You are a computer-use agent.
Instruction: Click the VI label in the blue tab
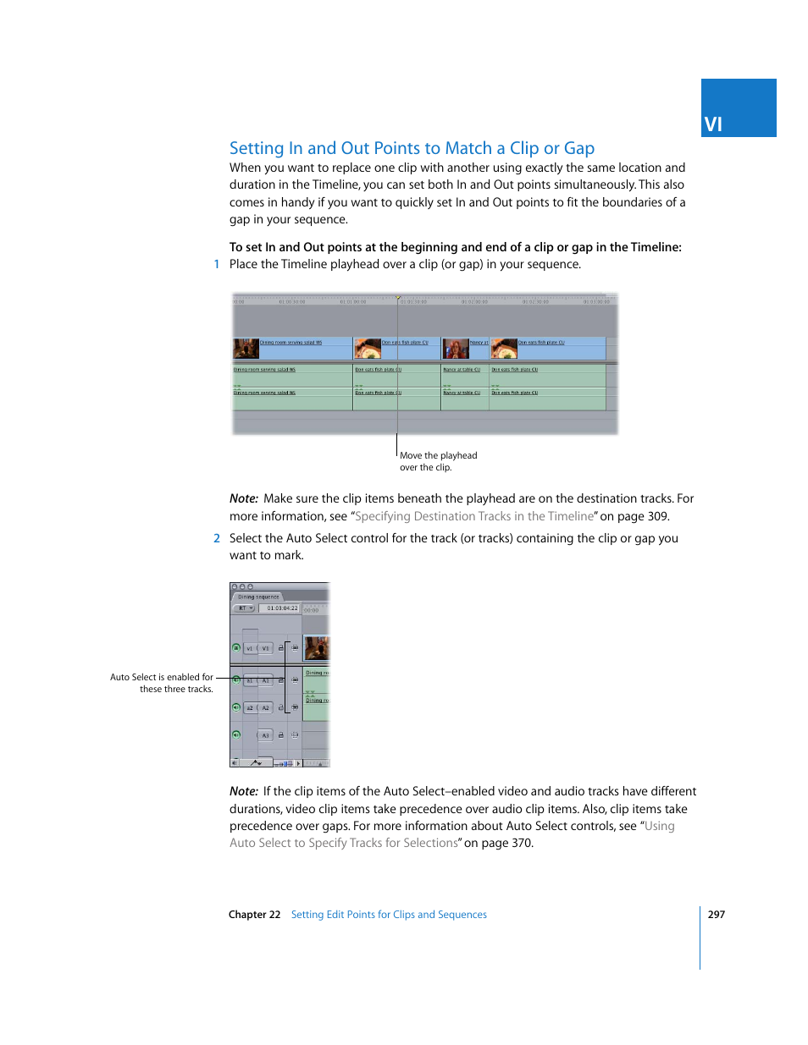pyautogui.click(x=713, y=124)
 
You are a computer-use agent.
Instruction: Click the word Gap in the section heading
pyautogui.click(x=579, y=148)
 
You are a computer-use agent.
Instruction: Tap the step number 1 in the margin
pyautogui.click(x=217, y=264)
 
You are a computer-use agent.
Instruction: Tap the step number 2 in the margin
pyautogui.click(x=217, y=538)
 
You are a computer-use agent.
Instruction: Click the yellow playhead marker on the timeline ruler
pyautogui.click(x=398, y=297)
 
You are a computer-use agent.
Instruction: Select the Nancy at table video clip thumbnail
pyautogui.click(x=456, y=349)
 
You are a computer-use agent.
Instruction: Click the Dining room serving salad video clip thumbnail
pyautogui.click(x=246, y=349)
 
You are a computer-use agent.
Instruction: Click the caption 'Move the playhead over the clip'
pyautogui.click(x=438, y=461)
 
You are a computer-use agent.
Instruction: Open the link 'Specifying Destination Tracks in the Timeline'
pyautogui.click(x=474, y=516)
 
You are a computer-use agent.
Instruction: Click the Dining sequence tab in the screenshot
pyautogui.click(x=257, y=597)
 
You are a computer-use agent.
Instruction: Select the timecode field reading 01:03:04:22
pyautogui.click(x=281, y=608)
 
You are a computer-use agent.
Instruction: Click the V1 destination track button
pyautogui.click(x=265, y=649)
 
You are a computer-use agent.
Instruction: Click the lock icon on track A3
pyautogui.click(x=281, y=735)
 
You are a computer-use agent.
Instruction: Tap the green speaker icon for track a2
pyautogui.click(x=236, y=707)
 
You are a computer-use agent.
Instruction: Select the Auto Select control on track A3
pyautogui.click(x=295, y=735)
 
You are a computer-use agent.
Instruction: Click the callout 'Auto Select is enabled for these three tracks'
pyautogui.click(x=163, y=683)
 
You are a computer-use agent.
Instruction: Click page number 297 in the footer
pyautogui.click(x=716, y=915)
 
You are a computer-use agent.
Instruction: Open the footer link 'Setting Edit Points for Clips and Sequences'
pyautogui.click(x=389, y=915)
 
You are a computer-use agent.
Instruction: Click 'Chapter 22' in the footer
pyautogui.click(x=254, y=915)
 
